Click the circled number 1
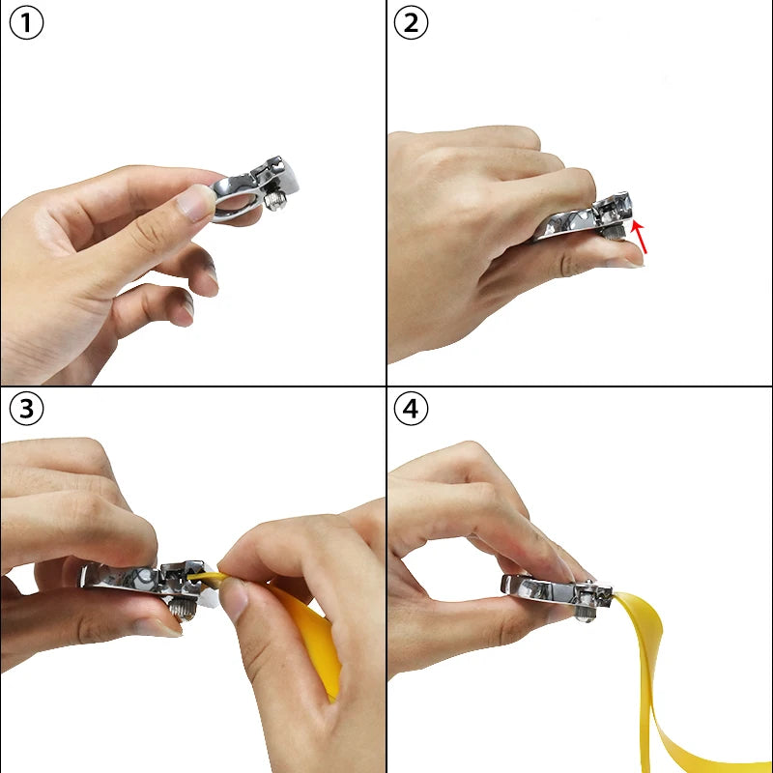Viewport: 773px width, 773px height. click(26, 24)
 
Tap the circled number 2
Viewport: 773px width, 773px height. click(412, 24)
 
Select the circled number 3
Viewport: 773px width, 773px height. click(26, 410)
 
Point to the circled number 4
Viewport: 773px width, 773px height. click(412, 410)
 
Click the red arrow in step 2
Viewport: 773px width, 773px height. click(640, 237)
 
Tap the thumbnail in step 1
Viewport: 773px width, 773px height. click(197, 204)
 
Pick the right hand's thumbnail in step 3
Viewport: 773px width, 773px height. click(233, 601)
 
